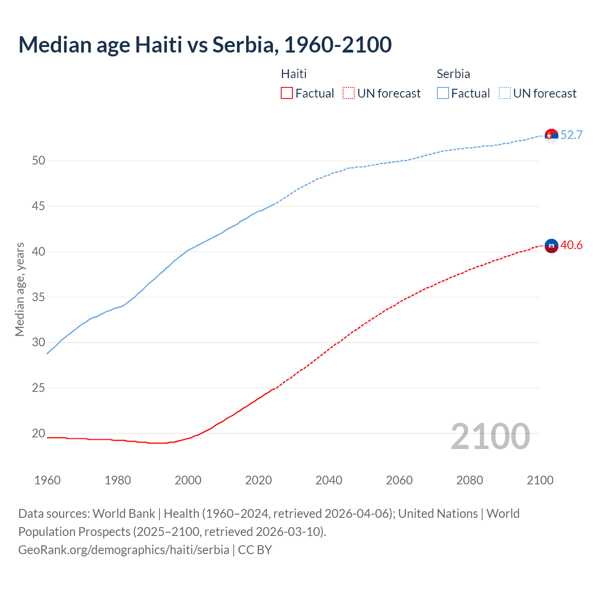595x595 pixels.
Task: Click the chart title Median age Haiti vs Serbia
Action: click(x=205, y=45)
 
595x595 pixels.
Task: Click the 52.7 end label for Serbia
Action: click(x=571, y=135)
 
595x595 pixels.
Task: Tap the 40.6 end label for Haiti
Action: click(x=571, y=245)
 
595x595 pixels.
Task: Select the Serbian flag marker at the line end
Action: click(x=551, y=135)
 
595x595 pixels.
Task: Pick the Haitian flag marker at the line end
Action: click(x=551, y=245)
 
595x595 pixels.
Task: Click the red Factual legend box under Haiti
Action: click(x=287, y=93)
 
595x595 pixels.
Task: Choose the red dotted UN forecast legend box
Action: click(x=349, y=93)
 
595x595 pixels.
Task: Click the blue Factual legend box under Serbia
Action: click(x=443, y=93)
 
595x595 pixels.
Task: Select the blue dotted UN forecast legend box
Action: click(x=505, y=93)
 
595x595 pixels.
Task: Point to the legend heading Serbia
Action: click(x=453, y=74)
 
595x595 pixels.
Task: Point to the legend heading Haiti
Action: click(x=294, y=74)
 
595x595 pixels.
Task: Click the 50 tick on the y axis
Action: click(x=39, y=161)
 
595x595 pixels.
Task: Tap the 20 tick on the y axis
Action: click(x=39, y=433)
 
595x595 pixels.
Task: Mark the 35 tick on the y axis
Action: click(x=39, y=297)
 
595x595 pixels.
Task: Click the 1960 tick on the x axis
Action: click(x=47, y=480)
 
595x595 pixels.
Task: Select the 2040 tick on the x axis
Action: click(x=329, y=480)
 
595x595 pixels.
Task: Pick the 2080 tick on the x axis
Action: click(x=469, y=480)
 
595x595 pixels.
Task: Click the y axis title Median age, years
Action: click(x=20, y=289)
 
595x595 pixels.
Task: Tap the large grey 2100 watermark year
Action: click(x=490, y=436)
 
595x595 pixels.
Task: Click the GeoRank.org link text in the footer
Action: click(x=124, y=550)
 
